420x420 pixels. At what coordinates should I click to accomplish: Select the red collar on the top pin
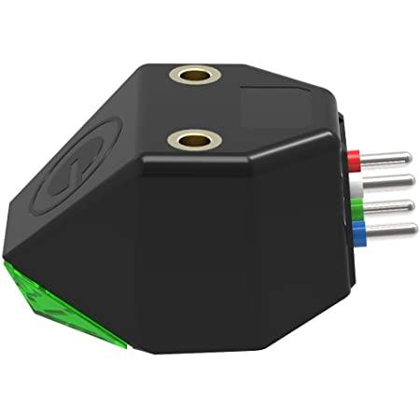(x=353, y=158)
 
